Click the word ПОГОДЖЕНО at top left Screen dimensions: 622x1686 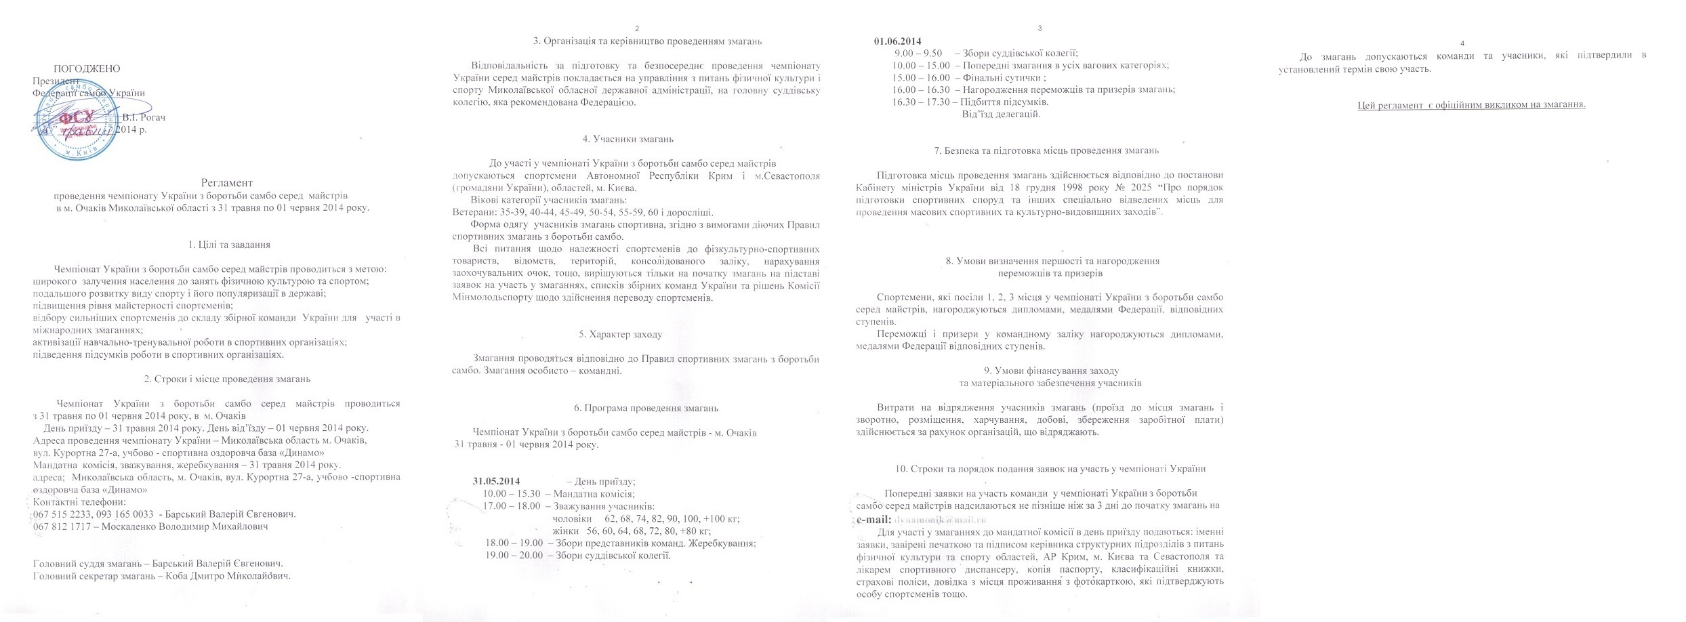pyautogui.click(x=87, y=68)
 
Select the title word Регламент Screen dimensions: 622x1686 pyautogui.click(x=227, y=182)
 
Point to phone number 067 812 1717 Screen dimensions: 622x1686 pyautogui.click(x=62, y=526)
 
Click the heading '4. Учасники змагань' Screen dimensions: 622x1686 pyautogui.click(x=628, y=139)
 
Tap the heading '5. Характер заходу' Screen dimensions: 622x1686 pyautogui.click(x=621, y=334)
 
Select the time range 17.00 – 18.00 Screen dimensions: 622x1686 pyautogui.click(x=513, y=506)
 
